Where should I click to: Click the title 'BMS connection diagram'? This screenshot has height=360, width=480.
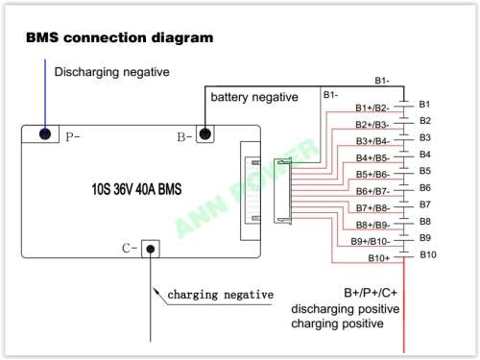(x=119, y=37)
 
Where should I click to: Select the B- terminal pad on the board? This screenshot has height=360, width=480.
(x=204, y=134)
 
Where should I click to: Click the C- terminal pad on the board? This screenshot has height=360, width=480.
(x=149, y=248)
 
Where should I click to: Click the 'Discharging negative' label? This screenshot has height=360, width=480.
(x=110, y=72)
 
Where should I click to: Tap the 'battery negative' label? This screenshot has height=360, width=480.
(x=254, y=97)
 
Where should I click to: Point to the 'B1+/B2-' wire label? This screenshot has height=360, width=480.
(x=372, y=108)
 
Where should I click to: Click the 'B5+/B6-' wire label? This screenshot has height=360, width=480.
(x=372, y=174)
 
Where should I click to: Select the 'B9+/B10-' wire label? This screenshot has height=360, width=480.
(x=369, y=240)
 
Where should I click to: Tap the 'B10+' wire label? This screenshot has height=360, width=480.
(x=379, y=257)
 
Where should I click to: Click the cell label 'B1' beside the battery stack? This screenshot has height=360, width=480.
(x=425, y=104)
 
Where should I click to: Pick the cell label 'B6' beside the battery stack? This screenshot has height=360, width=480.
(x=425, y=187)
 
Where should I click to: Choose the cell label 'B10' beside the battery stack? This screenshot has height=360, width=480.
(x=427, y=254)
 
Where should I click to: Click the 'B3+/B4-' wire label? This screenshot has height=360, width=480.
(x=372, y=141)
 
